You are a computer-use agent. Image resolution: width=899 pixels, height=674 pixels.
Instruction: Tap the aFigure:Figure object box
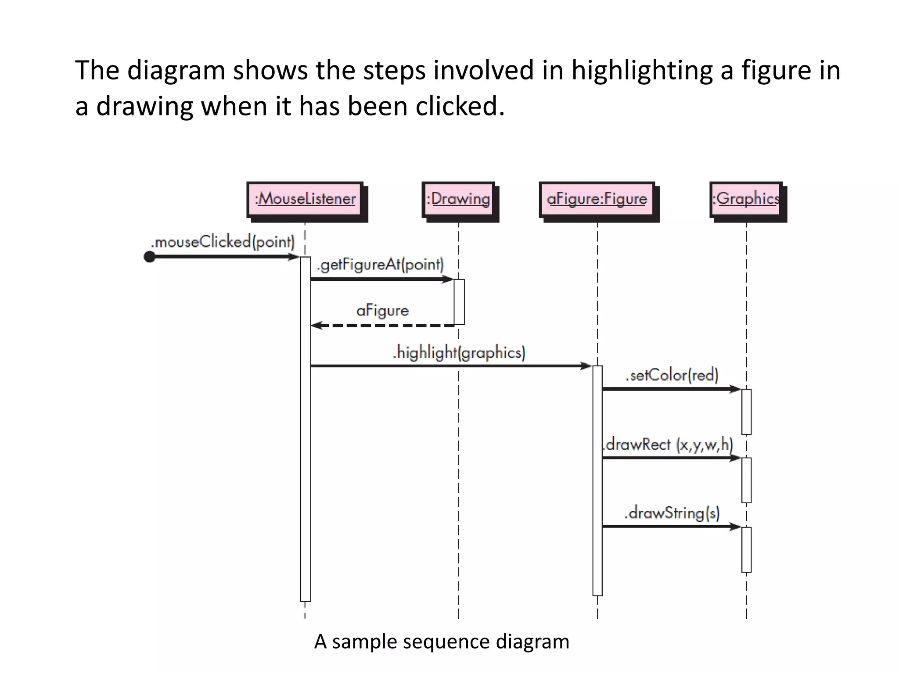point(597,199)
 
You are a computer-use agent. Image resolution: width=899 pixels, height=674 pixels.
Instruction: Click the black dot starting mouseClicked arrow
point(150,257)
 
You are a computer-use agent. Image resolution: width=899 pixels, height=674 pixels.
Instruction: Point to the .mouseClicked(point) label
point(223,242)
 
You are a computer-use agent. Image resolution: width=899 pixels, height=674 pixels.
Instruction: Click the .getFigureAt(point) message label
point(380,265)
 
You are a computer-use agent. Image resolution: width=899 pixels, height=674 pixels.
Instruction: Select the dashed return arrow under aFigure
point(382,326)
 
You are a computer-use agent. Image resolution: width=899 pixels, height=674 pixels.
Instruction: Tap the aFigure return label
point(382,311)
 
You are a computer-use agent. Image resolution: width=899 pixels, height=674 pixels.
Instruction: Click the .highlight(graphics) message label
point(459,353)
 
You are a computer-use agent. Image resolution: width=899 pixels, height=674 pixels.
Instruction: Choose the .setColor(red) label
point(672,375)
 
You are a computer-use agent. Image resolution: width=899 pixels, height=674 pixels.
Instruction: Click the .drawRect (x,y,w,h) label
point(667,445)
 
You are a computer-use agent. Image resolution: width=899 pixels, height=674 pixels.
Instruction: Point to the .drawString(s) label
point(672,513)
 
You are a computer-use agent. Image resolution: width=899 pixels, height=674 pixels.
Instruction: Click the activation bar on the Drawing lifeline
point(459,302)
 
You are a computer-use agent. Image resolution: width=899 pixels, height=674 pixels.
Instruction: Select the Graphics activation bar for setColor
point(746,412)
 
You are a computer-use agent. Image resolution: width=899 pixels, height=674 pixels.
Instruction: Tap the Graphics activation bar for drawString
point(746,549)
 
